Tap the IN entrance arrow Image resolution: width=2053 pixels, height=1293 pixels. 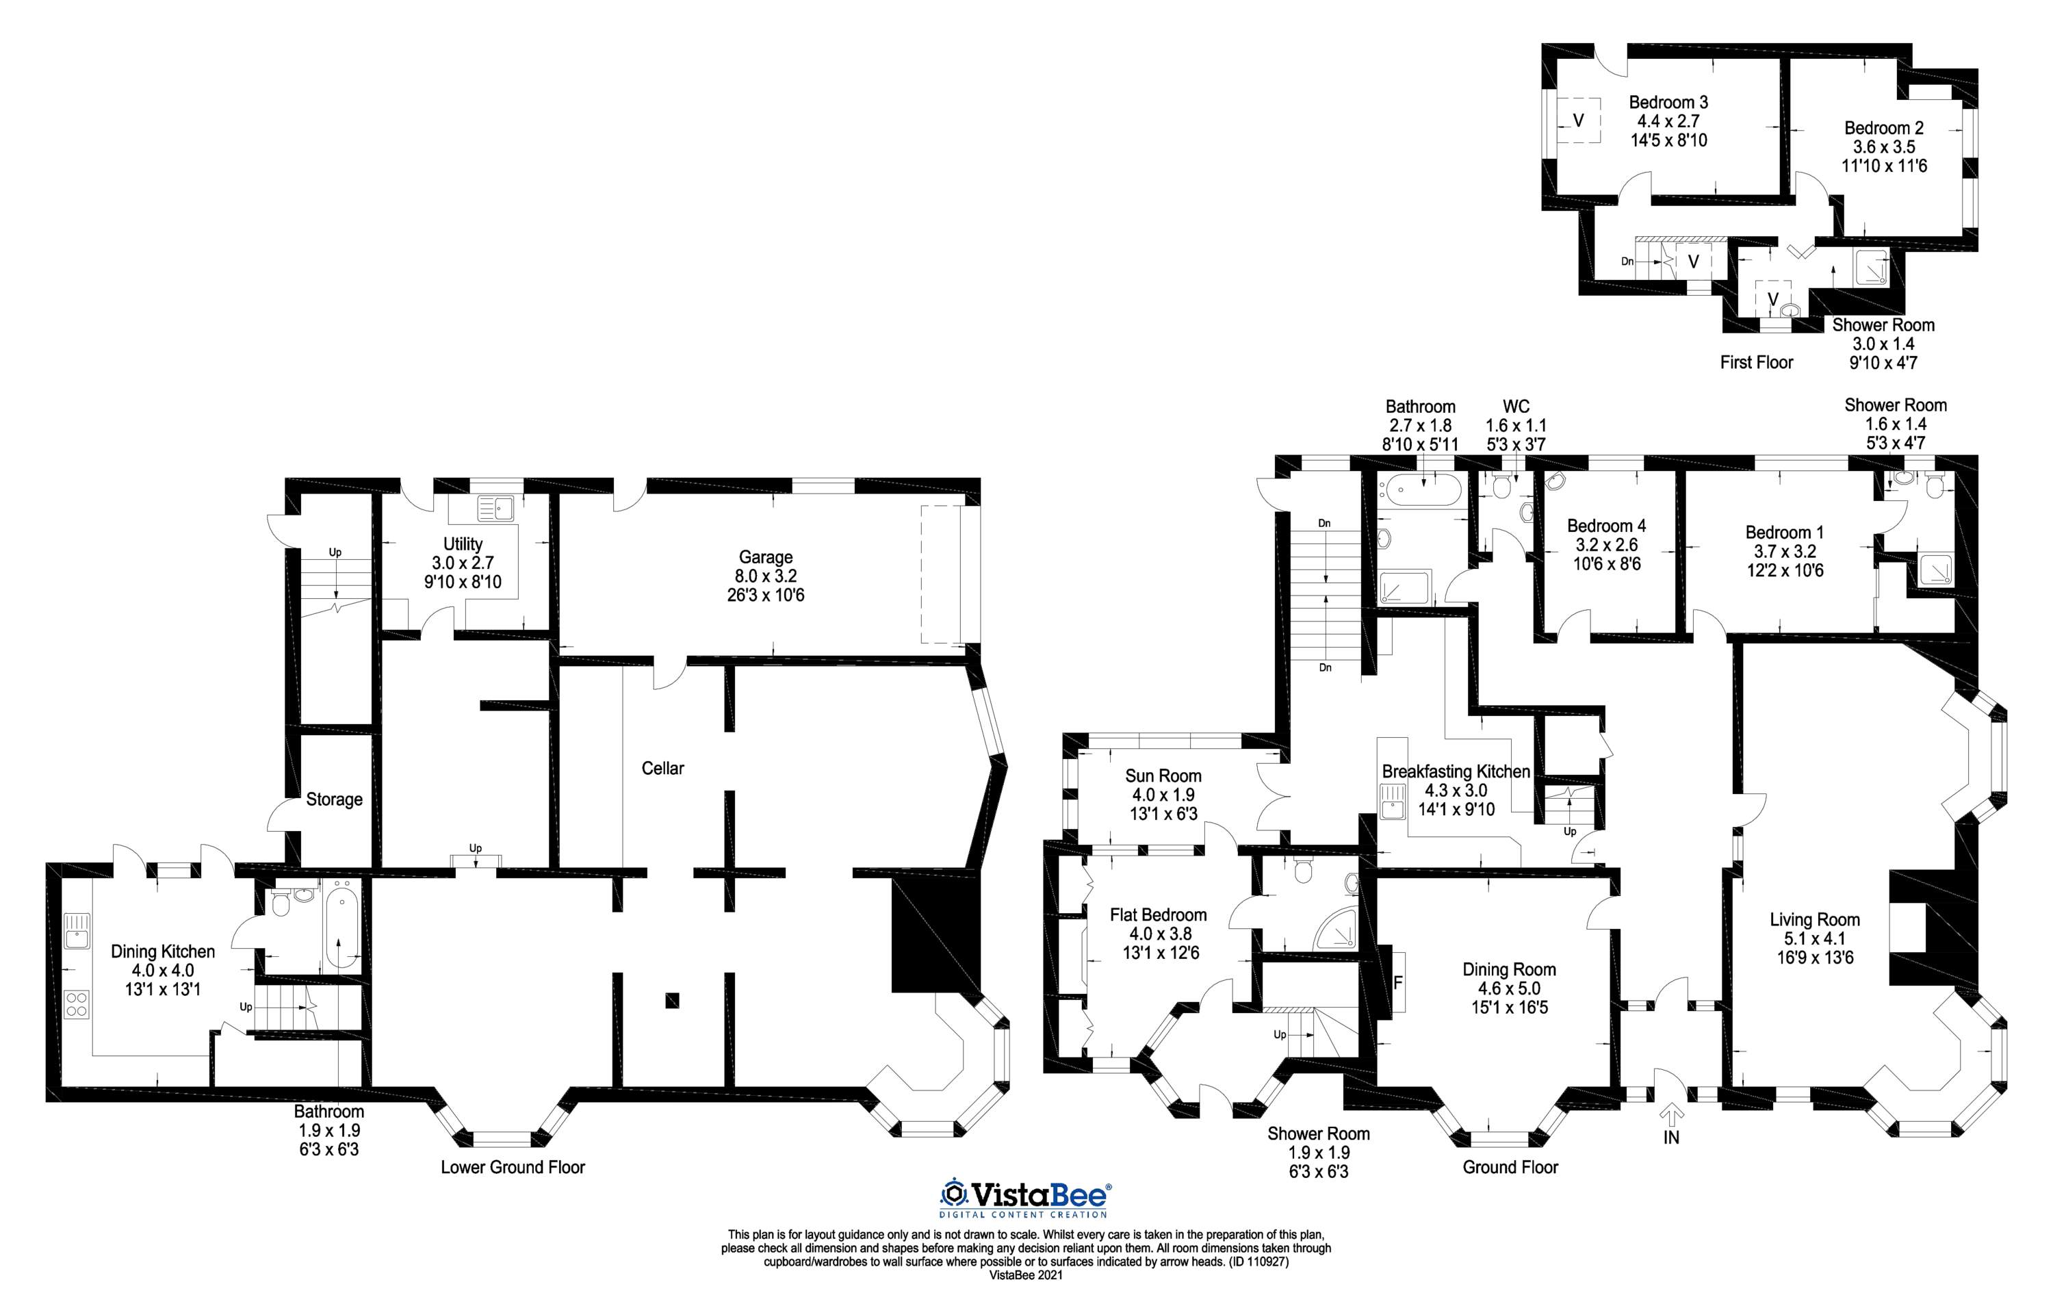[1671, 1112]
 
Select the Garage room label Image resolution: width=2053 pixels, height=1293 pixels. [765, 557]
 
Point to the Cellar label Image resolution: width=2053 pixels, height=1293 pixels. [662, 769]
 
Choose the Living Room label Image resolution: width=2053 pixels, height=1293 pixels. [1814, 919]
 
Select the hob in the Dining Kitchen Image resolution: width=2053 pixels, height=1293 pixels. [77, 1004]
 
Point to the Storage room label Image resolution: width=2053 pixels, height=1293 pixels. [334, 799]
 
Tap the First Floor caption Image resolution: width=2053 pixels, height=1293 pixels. [1756, 363]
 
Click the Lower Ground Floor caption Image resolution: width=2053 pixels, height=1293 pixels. [513, 1167]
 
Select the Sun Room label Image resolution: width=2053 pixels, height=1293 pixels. [1163, 776]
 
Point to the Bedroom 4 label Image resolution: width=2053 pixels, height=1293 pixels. [1606, 526]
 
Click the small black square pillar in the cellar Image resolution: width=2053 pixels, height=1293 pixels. [673, 1001]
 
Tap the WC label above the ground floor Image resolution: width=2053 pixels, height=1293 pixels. [1516, 406]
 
